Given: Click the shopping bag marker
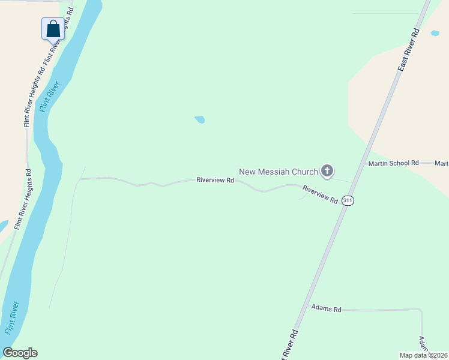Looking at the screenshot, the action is [x=53, y=28].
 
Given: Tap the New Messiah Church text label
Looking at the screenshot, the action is [x=279, y=172].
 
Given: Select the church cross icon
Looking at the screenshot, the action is [x=327, y=172].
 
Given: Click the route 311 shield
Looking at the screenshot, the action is [x=348, y=202].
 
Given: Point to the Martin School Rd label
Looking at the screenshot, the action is [x=393, y=163].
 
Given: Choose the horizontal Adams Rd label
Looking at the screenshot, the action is [x=326, y=309].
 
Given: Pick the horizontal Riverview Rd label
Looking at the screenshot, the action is [x=215, y=179].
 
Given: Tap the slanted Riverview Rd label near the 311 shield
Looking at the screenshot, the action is [x=320, y=194].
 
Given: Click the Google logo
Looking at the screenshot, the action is [x=20, y=353].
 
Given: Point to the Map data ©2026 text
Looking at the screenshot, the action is [x=424, y=355].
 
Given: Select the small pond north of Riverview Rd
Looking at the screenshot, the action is [x=200, y=119].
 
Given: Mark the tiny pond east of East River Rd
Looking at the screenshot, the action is [x=435, y=33].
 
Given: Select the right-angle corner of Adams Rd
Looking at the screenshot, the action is [x=421, y=310].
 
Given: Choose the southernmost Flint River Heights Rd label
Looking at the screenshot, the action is [x=22, y=199].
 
